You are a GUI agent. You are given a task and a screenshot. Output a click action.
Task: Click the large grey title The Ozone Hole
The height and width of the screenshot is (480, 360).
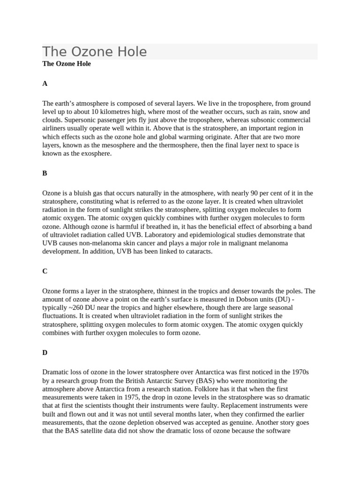95,52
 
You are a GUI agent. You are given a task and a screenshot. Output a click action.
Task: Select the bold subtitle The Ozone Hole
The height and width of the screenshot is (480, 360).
67,64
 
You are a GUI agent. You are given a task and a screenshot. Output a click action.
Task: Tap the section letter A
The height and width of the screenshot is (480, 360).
45,83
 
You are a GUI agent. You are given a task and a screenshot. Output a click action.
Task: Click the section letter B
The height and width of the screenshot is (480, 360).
45,173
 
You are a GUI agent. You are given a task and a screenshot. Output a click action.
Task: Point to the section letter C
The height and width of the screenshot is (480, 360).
45,271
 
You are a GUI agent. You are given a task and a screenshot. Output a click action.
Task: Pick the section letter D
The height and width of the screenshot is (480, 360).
45,352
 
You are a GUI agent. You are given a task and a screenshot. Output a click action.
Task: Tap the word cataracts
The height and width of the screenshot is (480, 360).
197,252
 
